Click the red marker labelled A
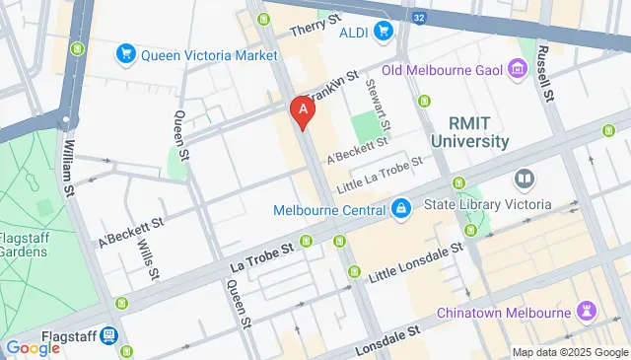point(303,110)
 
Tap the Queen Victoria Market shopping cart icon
point(125,54)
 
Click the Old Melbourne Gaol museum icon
point(518,69)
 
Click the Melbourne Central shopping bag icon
point(400,209)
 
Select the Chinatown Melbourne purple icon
point(587,312)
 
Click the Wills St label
point(149,258)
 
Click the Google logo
point(33,347)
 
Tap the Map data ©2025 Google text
point(569,352)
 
